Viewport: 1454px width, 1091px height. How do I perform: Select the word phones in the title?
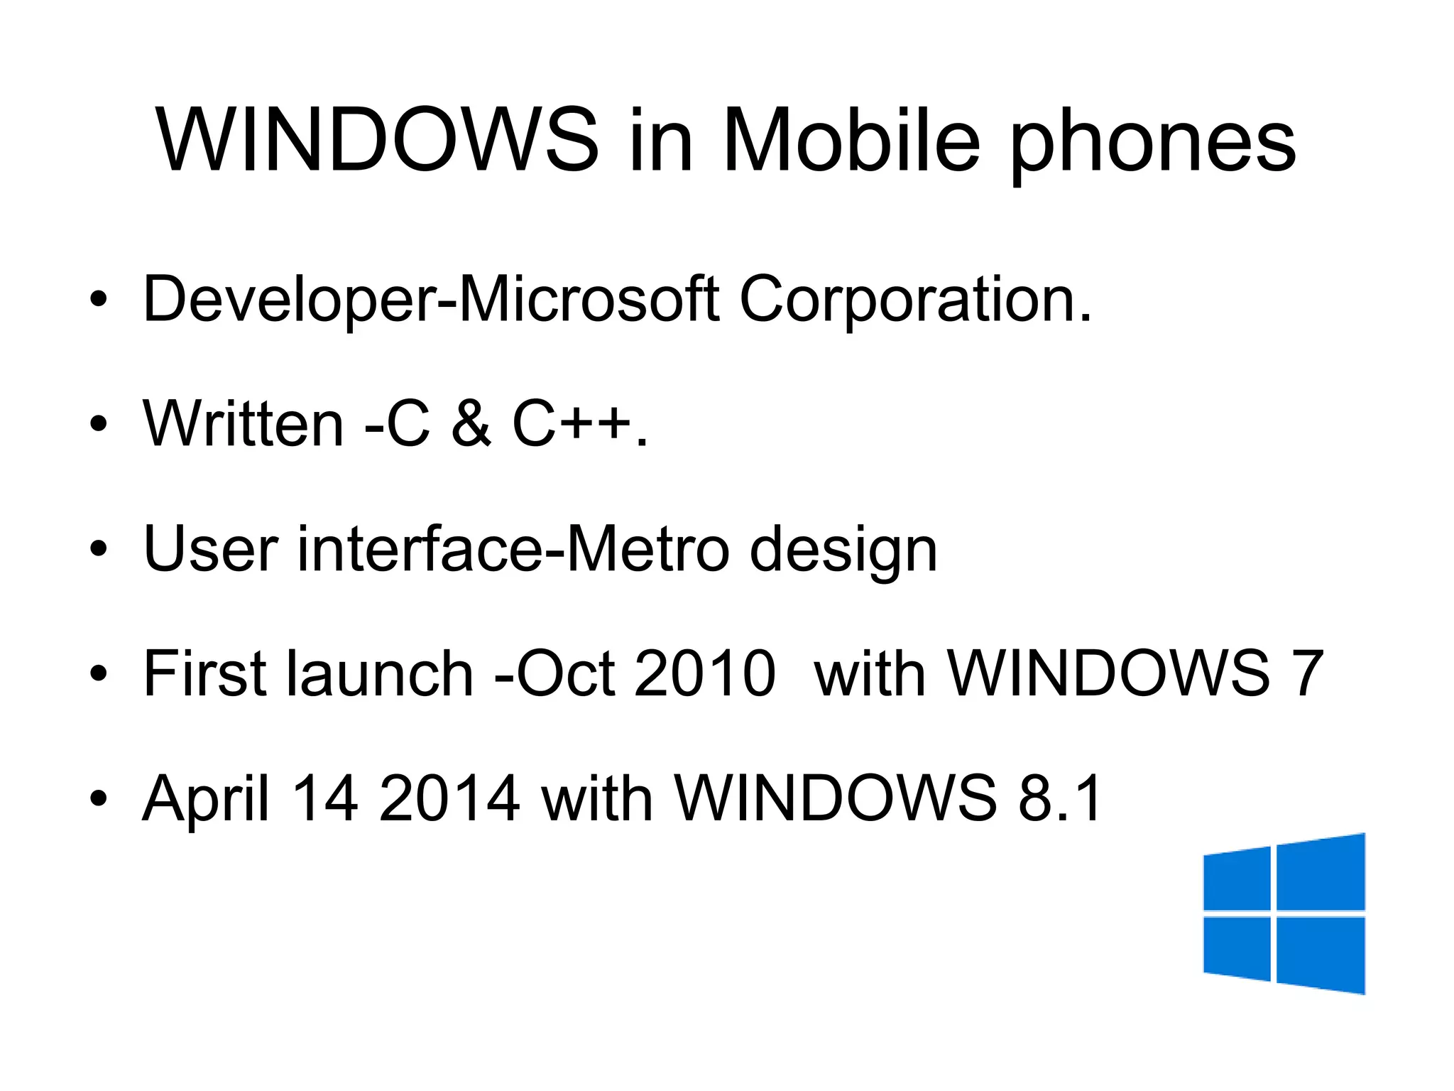(x=1153, y=146)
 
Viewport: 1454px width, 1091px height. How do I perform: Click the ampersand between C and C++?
(x=471, y=424)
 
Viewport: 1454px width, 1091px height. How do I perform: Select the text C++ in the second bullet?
(x=572, y=424)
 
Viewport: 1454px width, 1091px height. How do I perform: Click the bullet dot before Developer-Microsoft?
(x=99, y=299)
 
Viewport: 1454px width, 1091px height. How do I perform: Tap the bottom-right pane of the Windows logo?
(x=1321, y=953)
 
